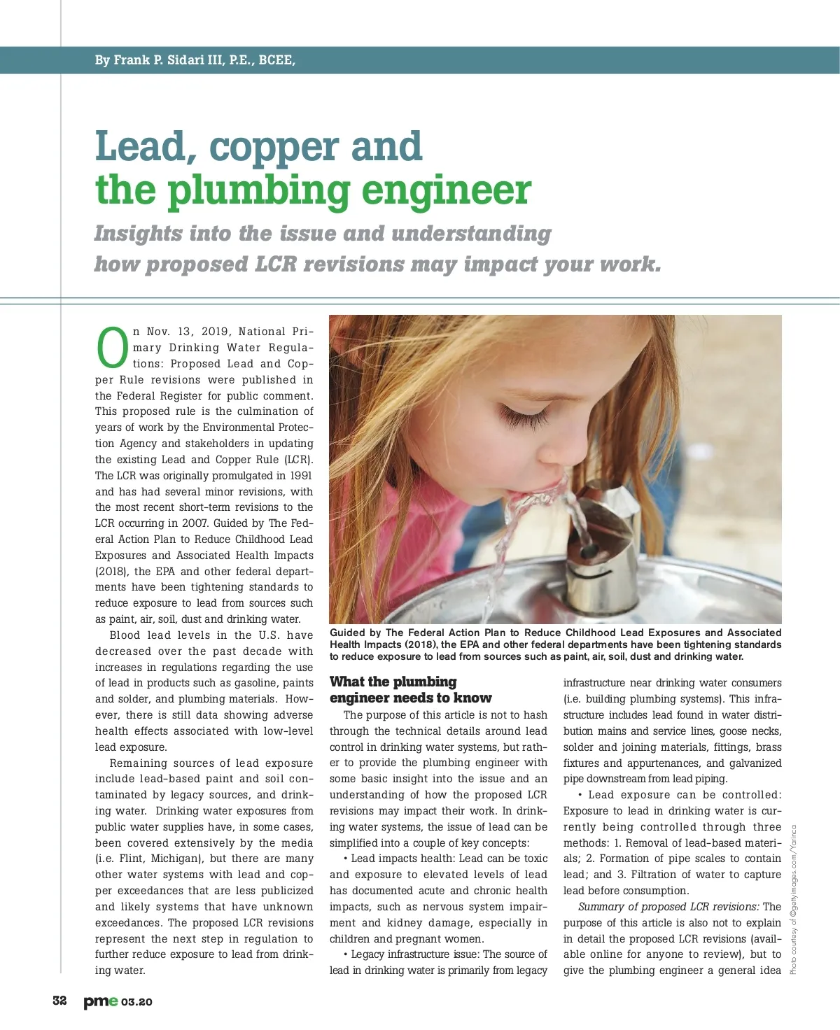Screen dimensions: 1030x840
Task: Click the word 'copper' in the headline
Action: point(276,147)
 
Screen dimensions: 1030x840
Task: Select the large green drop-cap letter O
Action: point(112,348)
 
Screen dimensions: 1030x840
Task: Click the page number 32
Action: point(60,1001)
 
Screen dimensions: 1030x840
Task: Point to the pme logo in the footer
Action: point(101,1001)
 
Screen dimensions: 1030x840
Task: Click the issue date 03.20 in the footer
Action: point(136,1002)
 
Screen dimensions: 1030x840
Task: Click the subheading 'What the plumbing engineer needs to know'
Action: point(410,690)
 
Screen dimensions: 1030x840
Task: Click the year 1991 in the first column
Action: point(301,476)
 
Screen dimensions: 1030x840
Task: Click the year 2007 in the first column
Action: point(194,523)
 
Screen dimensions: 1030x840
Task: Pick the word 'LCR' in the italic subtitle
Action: point(276,264)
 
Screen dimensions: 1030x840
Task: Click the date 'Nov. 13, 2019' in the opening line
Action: point(188,332)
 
